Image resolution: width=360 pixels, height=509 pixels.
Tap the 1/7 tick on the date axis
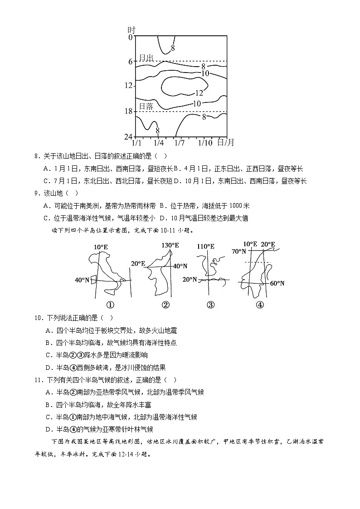click(180, 143)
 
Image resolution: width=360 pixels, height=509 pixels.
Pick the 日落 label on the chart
click(146, 106)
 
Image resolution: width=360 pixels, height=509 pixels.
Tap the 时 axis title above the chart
click(132, 29)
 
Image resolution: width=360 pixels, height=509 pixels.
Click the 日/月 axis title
click(226, 143)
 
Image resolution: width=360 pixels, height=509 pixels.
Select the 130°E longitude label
click(170, 245)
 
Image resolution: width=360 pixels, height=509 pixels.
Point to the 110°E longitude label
click(206, 247)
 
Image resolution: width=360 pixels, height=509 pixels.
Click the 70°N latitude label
click(238, 251)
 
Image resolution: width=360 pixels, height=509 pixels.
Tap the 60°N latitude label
click(277, 283)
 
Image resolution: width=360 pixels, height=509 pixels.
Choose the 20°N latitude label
click(190, 280)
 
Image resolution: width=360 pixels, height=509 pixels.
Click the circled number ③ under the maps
click(210, 305)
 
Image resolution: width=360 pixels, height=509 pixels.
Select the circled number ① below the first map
click(109, 305)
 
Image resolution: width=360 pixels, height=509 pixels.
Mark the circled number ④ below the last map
click(259, 305)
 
